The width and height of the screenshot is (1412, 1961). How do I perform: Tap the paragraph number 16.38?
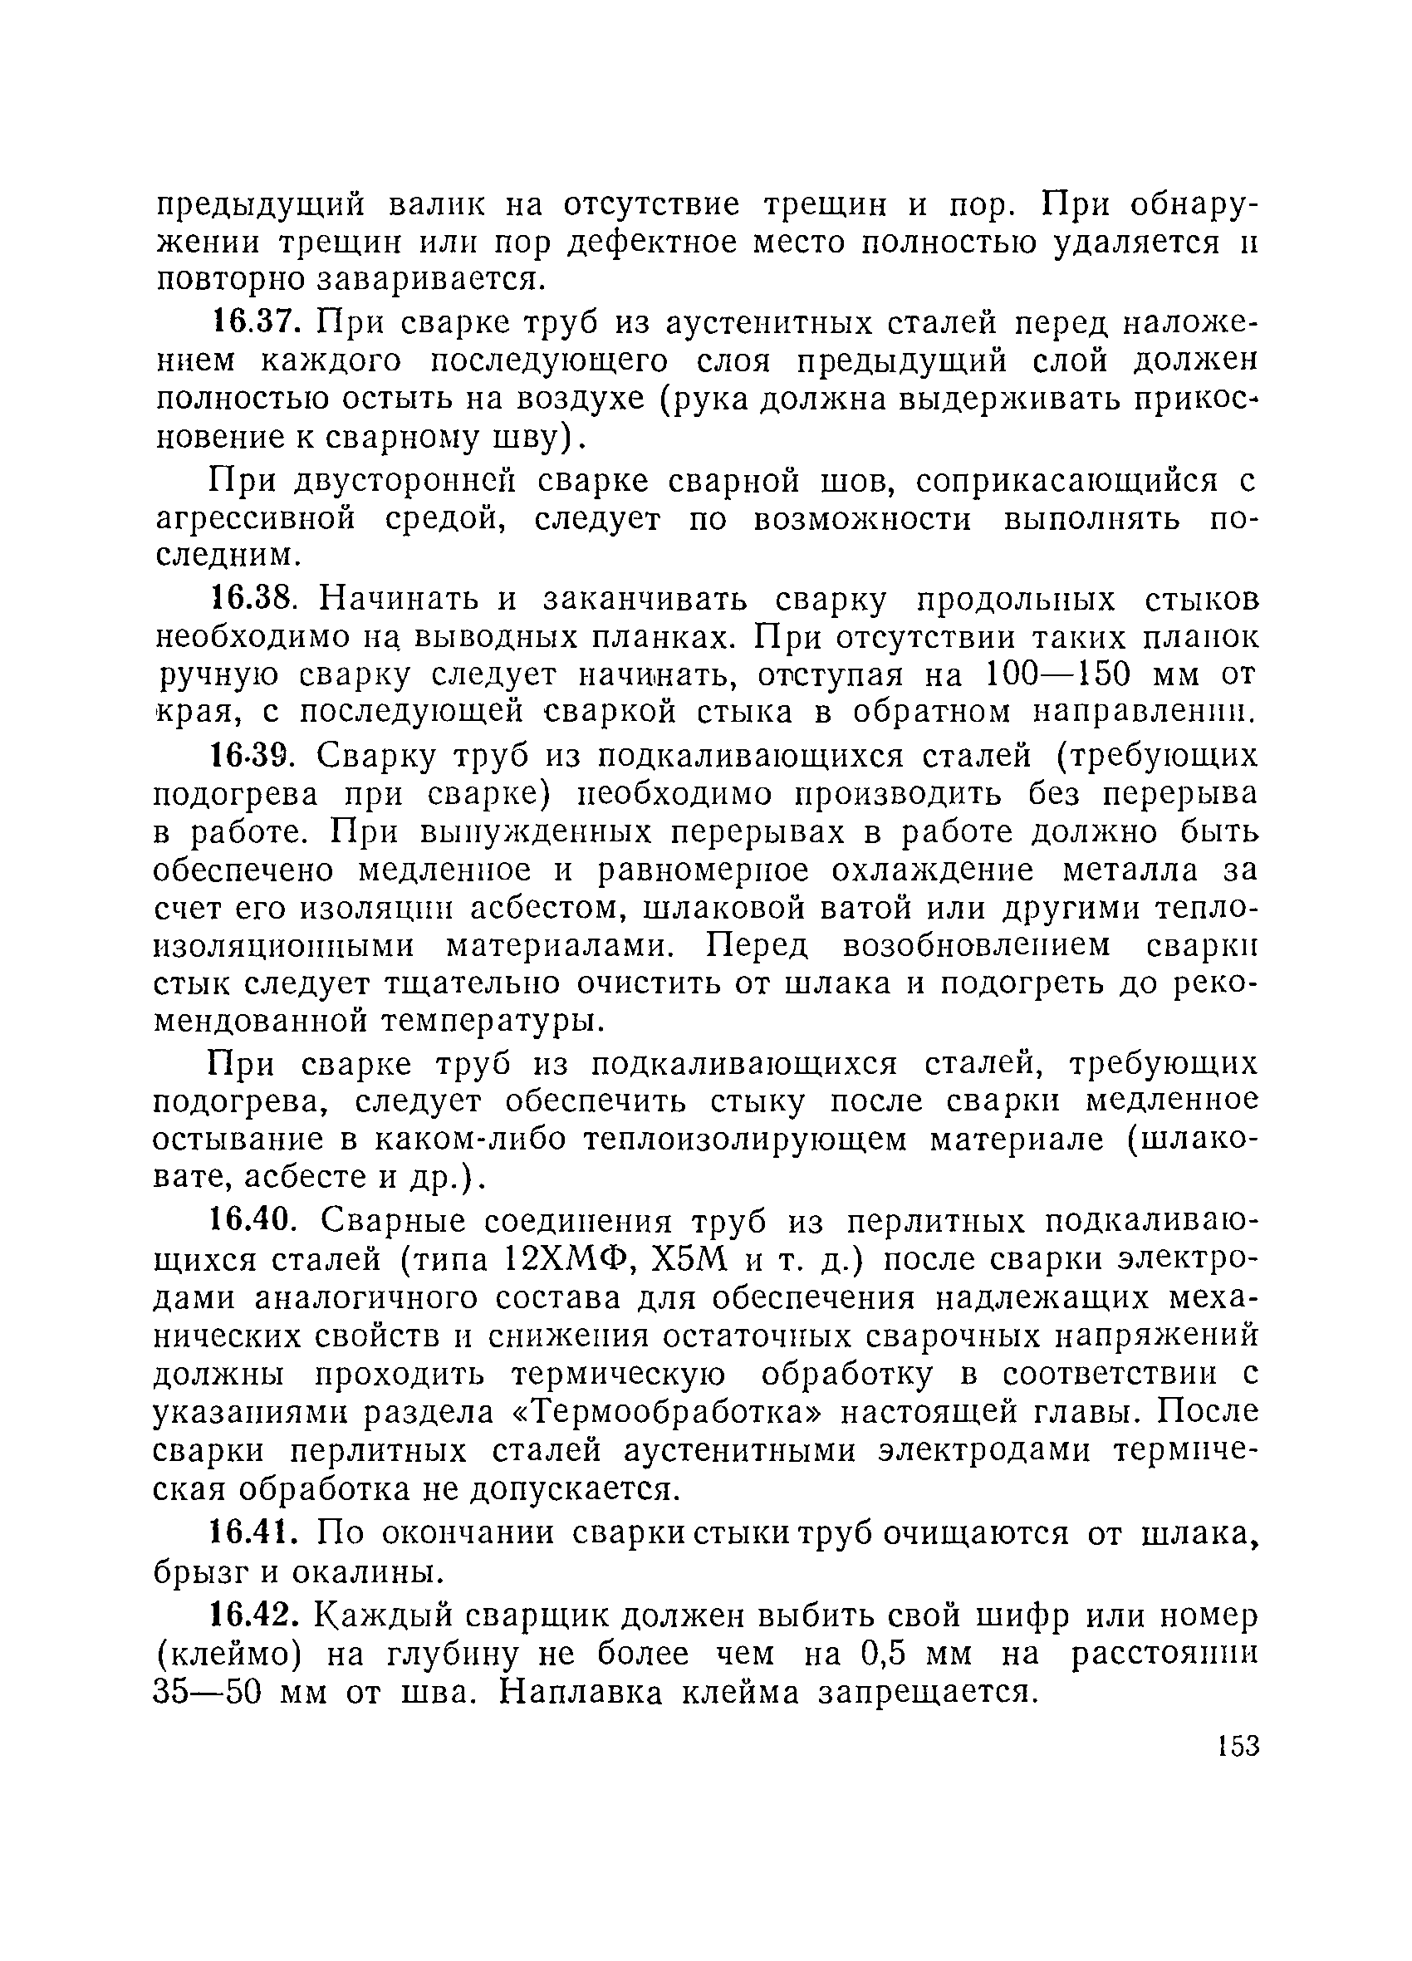click(x=256, y=598)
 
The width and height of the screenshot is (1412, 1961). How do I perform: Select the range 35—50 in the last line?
click(x=208, y=1692)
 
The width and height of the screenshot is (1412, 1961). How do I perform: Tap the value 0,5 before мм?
click(x=884, y=1654)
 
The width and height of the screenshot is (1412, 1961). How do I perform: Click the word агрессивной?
click(x=255, y=521)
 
